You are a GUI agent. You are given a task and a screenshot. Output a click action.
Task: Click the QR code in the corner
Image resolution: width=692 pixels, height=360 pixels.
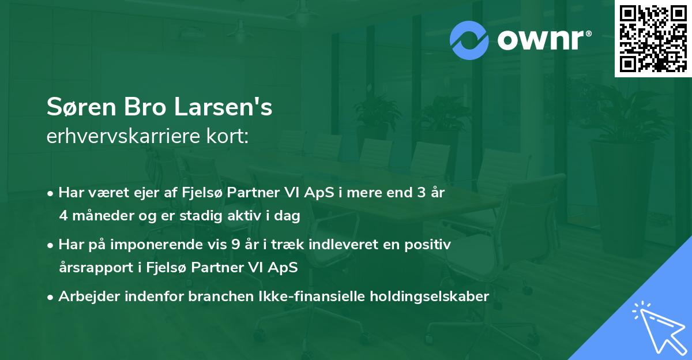[653, 39]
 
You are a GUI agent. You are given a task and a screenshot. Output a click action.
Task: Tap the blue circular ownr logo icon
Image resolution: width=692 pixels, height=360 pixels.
[470, 40]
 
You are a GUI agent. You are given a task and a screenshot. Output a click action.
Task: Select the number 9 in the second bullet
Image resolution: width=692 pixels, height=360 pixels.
[235, 245]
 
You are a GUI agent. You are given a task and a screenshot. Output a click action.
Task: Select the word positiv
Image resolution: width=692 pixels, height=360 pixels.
[430, 245]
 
